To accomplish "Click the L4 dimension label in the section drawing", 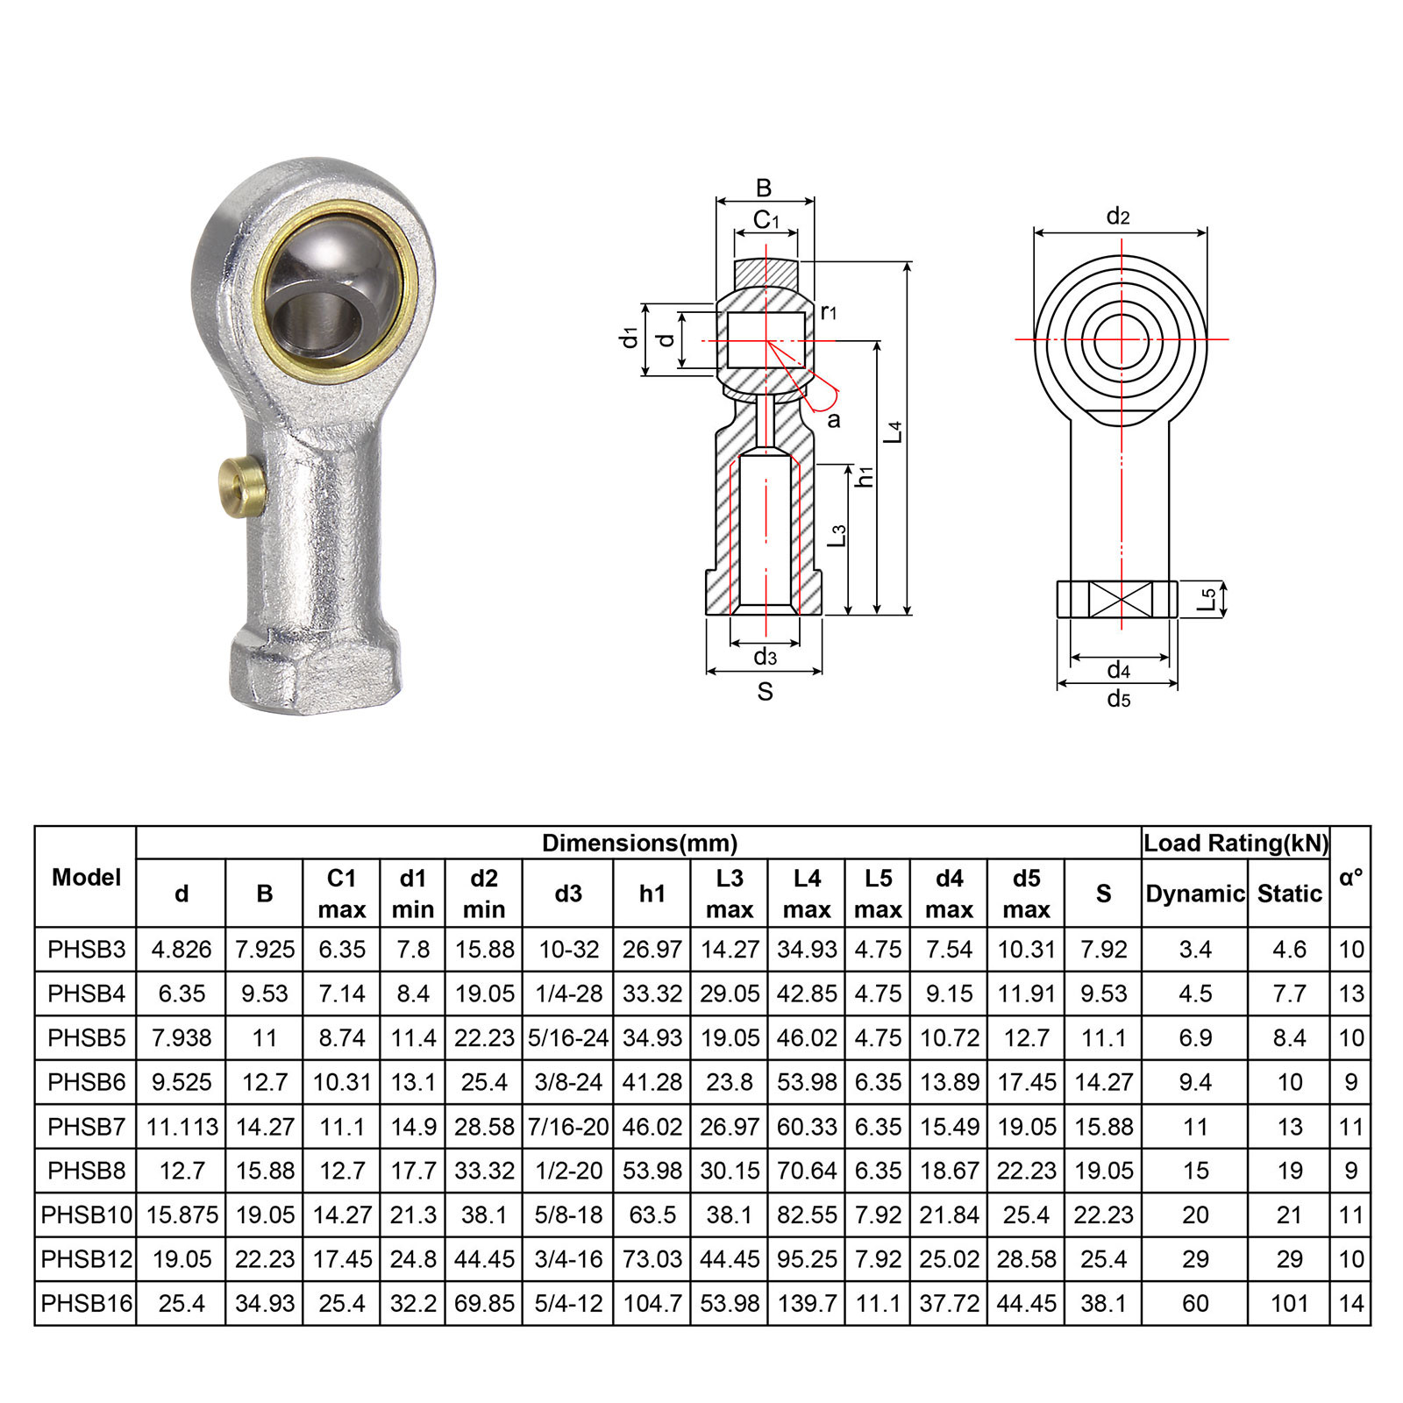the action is tap(894, 431).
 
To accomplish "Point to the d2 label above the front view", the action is tap(1118, 216).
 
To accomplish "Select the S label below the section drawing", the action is tap(765, 692).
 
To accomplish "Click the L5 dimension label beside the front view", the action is tap(1208, 599).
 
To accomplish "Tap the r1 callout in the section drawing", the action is tap(829, 311).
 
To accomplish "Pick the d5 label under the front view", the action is tap(1118, 699).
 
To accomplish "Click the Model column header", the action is tap(86, 877).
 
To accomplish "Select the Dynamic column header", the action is tap(1194, 894).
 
